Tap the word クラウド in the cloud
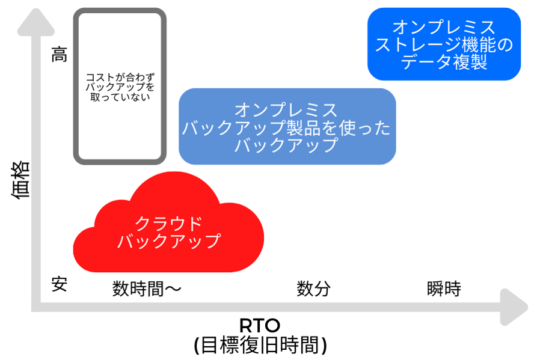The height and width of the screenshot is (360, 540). (168, 224)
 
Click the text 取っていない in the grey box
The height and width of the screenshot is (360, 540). (119, 97)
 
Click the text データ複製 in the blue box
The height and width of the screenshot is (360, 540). (444, 63)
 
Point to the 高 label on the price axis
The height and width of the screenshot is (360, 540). (60, 56)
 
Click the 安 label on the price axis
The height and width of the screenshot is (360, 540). (60, 284)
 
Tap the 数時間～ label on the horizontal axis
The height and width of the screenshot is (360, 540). (147, 288)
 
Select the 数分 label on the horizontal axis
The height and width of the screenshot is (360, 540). (314, 288)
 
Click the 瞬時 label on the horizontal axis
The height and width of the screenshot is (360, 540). (444, 288)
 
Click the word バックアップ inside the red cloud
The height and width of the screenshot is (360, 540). (169, 242)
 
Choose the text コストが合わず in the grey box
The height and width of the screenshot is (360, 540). (119, 78)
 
